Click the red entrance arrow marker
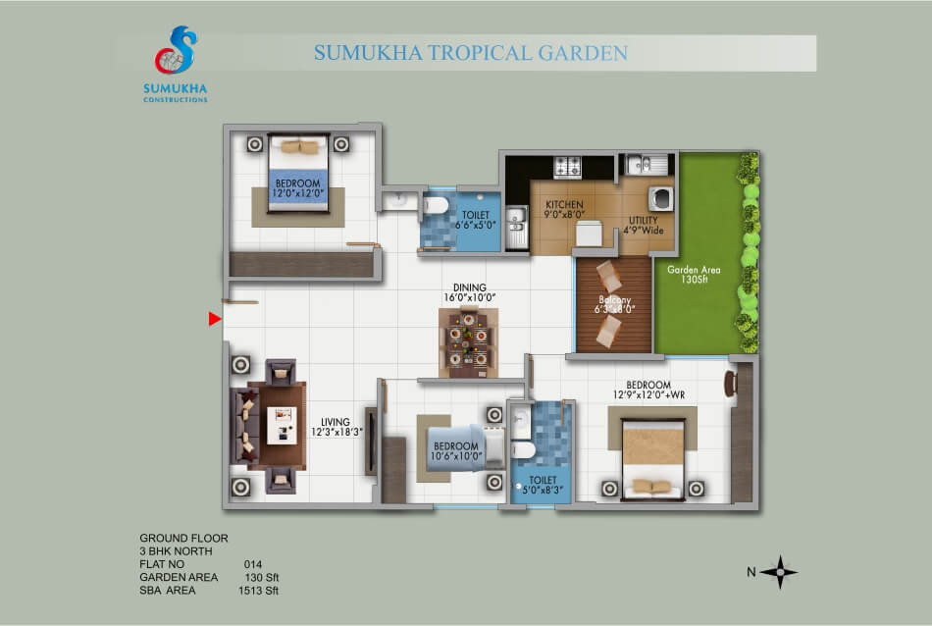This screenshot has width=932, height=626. (215, 319)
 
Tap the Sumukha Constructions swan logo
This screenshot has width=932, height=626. (176, 50)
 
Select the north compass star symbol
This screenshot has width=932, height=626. (779, 572)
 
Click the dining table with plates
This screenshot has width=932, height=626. (468, 341)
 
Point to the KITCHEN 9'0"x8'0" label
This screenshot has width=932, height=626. (565, 209)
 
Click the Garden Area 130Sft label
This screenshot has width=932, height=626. (694, 274)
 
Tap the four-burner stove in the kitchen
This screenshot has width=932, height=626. (567, 167)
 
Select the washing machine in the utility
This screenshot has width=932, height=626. (660, 198)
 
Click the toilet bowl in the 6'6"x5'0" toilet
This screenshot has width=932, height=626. (436, 206)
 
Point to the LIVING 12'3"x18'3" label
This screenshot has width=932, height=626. (337, 427)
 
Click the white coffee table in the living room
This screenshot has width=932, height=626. (282, 425)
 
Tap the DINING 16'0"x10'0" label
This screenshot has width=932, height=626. (470, 292)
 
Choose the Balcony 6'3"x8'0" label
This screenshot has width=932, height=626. (614, 304)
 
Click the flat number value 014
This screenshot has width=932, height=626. (252, 564)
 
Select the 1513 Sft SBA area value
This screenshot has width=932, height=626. (259, 591)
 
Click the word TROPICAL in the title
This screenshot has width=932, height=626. (481, 53)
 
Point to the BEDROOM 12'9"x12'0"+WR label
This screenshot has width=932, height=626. (648, 390)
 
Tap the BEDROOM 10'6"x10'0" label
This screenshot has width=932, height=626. (456, 451)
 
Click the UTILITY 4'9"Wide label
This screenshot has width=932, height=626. (644, 226)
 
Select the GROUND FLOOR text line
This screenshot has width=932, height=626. (183, 538)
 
